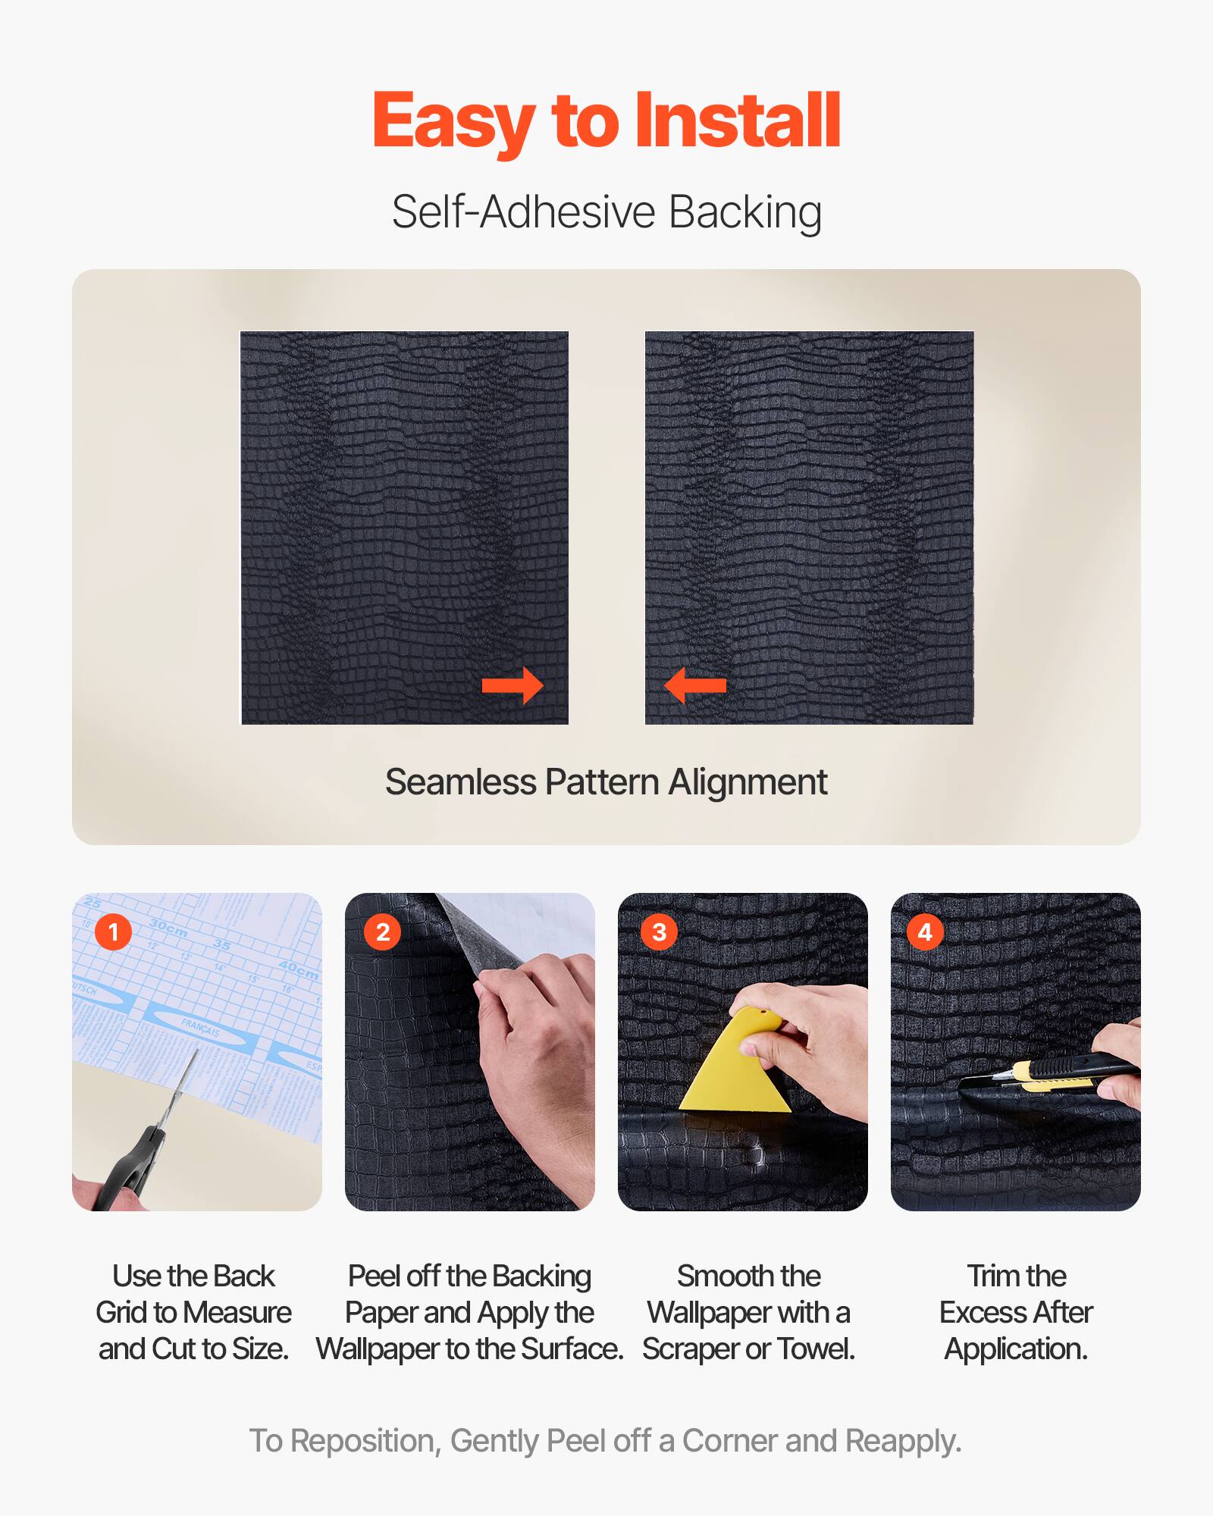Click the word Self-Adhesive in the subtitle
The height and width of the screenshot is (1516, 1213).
(x=523, y=211)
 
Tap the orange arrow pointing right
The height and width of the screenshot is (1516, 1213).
(x=513, y=686)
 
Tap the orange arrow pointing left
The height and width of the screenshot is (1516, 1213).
(x=695, y=686)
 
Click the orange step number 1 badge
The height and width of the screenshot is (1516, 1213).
(x=114, y=932)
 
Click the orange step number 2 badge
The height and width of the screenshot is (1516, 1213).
(x=383, y=932)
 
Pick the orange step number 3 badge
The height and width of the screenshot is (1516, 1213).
(x=660, y=932)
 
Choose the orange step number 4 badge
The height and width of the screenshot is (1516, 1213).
(x=925, y=932)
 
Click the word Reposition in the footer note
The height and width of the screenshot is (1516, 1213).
(x=365, y=1441)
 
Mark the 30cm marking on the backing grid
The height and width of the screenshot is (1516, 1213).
(x=168, y=927)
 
